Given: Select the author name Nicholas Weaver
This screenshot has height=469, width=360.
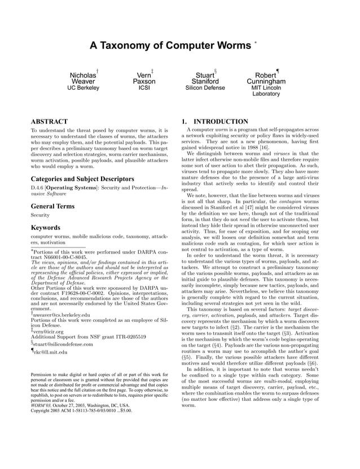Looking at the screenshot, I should click(83, 78).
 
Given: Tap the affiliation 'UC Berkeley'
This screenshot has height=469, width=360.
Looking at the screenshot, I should click(83, 88).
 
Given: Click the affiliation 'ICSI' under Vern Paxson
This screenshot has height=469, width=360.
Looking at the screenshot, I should click(144, 88).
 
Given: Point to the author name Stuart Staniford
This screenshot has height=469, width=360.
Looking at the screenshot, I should click(205, 78).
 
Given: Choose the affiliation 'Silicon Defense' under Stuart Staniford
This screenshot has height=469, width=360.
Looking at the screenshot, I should click(205, 88).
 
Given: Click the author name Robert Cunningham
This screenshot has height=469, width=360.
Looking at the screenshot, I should click(266, 78).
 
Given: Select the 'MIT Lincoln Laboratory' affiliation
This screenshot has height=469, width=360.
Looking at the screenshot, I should click(266, 91).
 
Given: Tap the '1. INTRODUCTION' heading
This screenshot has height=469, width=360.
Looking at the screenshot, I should click(214, 122).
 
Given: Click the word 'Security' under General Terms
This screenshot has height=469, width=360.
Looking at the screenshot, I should click(40, 215).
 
